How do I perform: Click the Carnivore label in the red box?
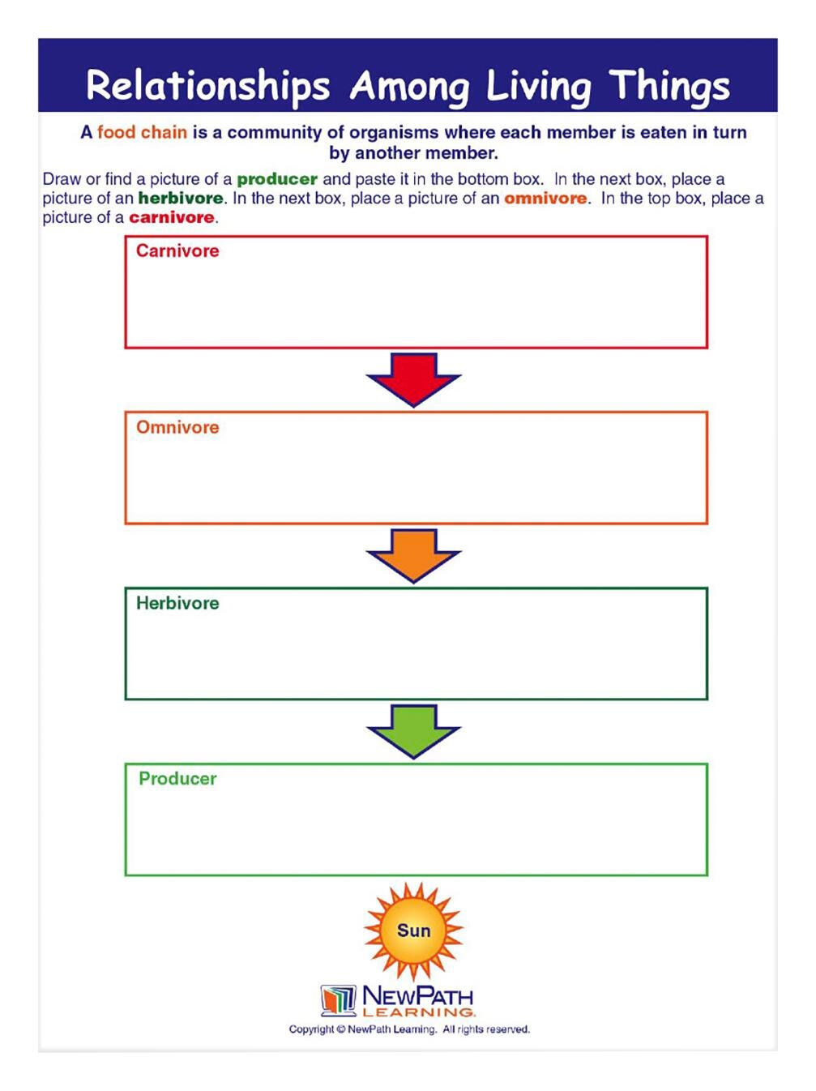177,251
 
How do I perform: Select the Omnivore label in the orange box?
177,427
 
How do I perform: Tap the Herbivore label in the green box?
177,603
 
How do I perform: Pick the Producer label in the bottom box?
177,779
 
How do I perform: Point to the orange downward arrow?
413,554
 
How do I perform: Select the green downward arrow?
413,730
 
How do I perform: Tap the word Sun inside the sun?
413,931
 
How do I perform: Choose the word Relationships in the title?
208,86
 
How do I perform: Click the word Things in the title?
669,86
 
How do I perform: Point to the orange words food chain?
142,132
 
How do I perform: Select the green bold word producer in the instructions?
277,179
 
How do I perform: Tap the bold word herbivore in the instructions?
180,199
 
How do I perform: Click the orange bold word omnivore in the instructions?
545,199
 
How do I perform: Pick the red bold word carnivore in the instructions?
172,217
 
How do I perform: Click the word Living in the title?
538,86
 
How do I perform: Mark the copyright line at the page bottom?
409,1029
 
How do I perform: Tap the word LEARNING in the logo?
418,1012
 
